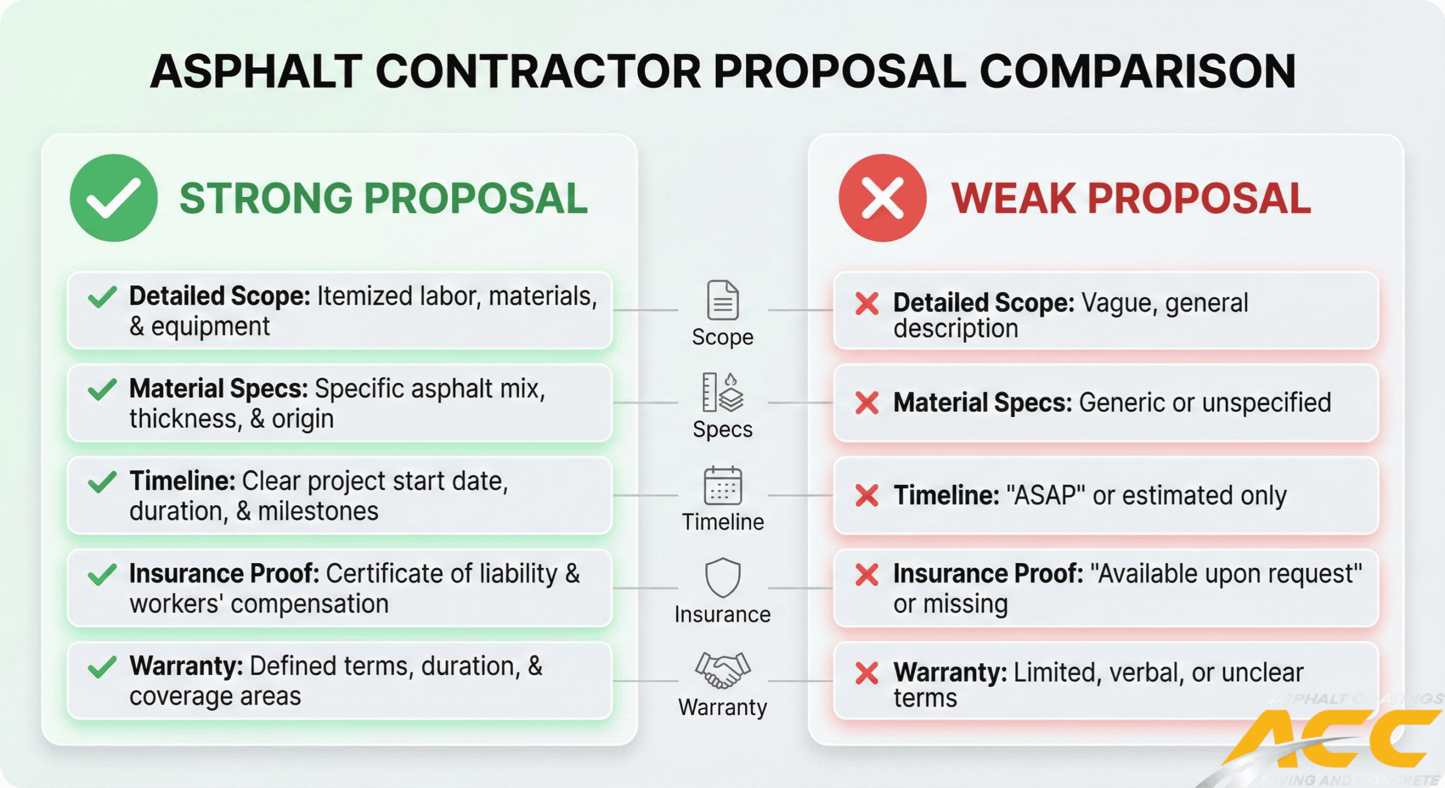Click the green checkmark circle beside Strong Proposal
coord(113,198)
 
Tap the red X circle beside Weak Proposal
coord(882,198)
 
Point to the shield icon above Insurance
coord(722,577)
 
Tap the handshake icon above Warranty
coord(722,670)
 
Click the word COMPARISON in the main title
coord(1137,72)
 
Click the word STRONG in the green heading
coord(266,199)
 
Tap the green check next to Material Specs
coord(102,389)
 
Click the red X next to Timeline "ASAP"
coord(866,496)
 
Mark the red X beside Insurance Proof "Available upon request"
coord(866,575)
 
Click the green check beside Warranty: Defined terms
coord(102,667)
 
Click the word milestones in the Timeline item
coord(318,511)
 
